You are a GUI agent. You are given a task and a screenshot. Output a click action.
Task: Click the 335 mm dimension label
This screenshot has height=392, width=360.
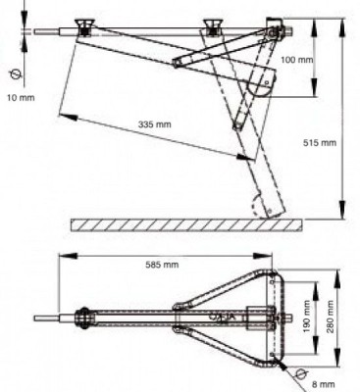(154, 124)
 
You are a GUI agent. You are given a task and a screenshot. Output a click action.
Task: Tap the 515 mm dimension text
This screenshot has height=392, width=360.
(320, 143)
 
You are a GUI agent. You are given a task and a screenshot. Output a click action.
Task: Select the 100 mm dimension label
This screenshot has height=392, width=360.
(297, 60)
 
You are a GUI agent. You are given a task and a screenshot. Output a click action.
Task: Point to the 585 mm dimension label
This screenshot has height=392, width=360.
(162, 265)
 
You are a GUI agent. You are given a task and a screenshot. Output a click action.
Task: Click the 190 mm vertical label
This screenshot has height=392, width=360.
(307, 317)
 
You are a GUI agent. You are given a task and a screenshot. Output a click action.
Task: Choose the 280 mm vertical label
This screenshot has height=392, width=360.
(331, 317)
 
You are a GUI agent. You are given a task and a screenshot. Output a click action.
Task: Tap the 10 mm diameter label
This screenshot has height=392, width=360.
(21, 97)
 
